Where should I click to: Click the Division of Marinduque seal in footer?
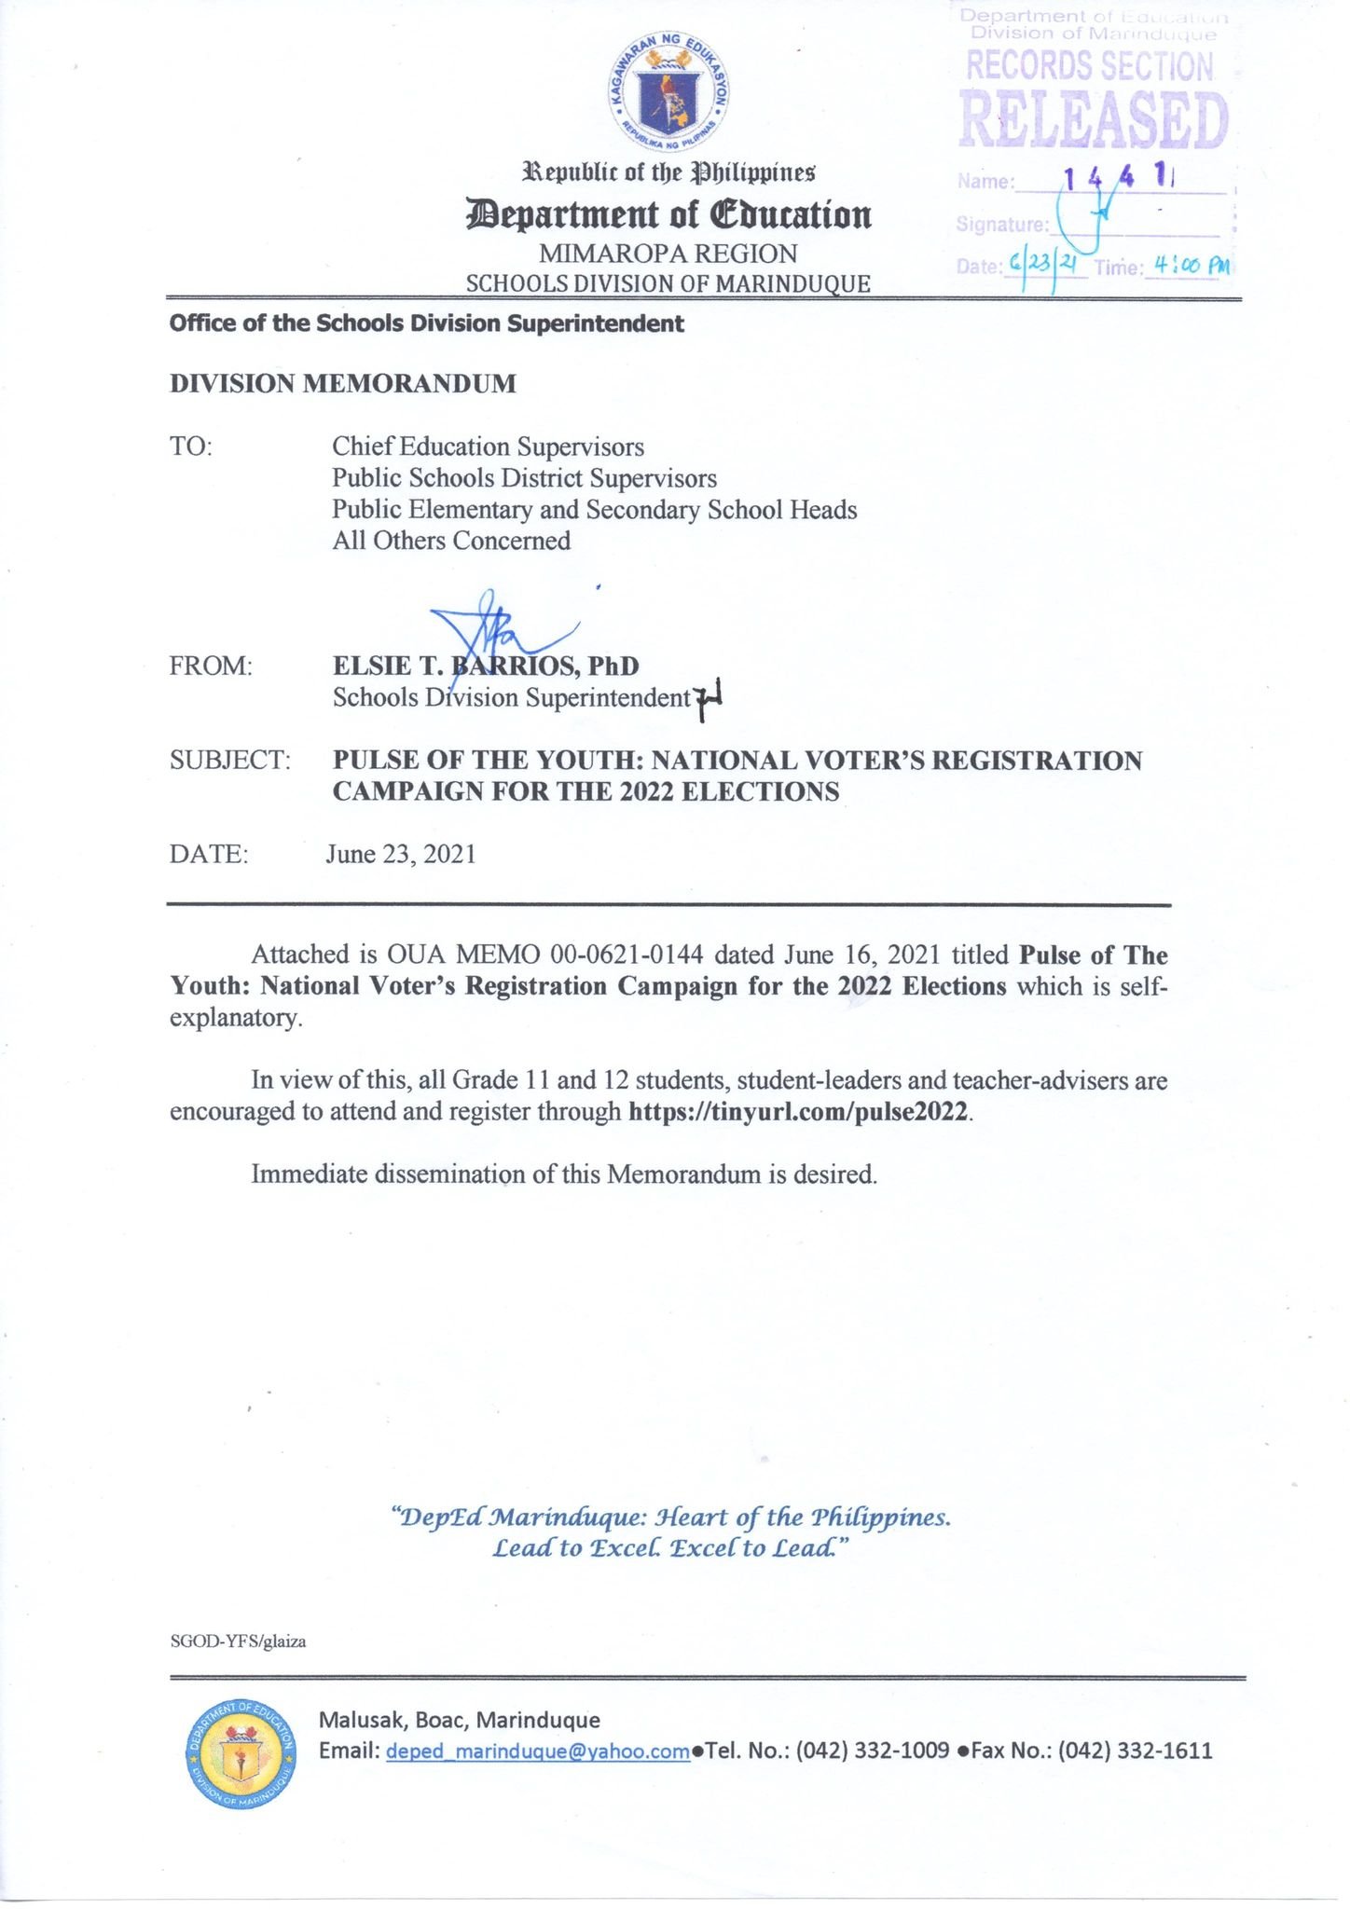(241, 1752)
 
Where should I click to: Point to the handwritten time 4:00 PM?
(1191, 266)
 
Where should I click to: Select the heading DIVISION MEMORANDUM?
(342, 384)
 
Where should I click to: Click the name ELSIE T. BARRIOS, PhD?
(486, 666)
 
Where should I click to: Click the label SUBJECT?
(229, 760)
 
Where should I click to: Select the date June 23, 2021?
(401, 854)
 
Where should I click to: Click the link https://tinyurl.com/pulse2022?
(799, 1111)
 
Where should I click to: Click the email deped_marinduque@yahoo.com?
(538, 1751)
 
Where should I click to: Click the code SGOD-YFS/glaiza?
(238, 1641)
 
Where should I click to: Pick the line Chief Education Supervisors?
(488, 446)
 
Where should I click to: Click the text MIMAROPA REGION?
(668, 254)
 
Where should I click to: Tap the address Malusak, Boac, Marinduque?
(460, 1719)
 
